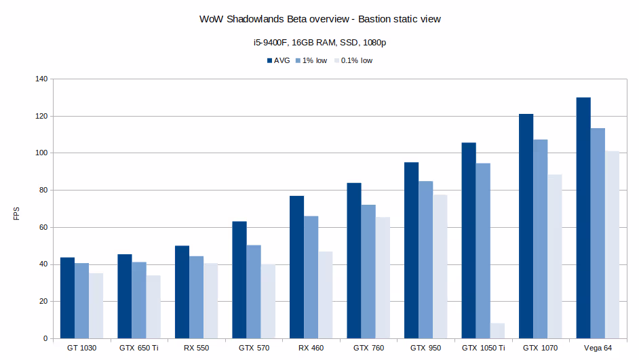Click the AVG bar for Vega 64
(583, 218)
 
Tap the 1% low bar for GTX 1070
(541, 239)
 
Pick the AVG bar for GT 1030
(67, 298)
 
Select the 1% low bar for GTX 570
(254, 292)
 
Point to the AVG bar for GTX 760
(354, 260)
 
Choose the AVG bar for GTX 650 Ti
(125, 296)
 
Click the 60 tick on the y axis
(43, 227)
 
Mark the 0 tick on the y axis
(45, 338)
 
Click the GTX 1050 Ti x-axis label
(484, 348)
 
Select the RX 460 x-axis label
(311, 348)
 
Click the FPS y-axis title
(17, 213)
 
